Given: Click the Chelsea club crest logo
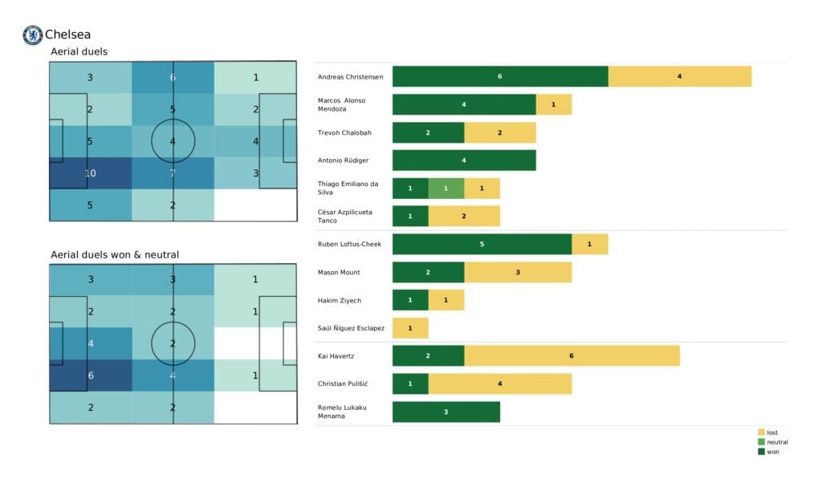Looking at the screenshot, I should click(x=32, y=34).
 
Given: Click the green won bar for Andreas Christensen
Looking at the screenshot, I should click(x=500, y=76).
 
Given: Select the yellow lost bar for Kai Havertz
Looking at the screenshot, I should click(x=572, y=355).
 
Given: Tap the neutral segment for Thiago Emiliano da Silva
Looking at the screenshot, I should click(x=446, y=188).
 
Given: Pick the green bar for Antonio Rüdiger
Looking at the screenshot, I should click(x=464, y=160).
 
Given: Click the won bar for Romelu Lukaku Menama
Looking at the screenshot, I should click(x=446, y=412).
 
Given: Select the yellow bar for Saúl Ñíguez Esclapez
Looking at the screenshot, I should click(x=410, y=327).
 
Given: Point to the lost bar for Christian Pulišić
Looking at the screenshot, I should click(x=499, y=384).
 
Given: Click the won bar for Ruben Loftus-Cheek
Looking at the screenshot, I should click(x=482, y=244).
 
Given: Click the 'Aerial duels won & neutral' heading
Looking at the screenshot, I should click(x=115, y=254).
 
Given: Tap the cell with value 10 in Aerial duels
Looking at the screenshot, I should click(x=90, y=172).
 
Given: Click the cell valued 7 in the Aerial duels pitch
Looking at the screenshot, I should click(x=173, y=172).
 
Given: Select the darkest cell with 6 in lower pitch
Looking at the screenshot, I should click(x=90, y=375).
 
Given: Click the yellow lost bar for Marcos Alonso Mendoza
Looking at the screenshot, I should click(x=554, y=104).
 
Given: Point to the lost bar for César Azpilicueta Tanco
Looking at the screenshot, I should click(x=464, y=216).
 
